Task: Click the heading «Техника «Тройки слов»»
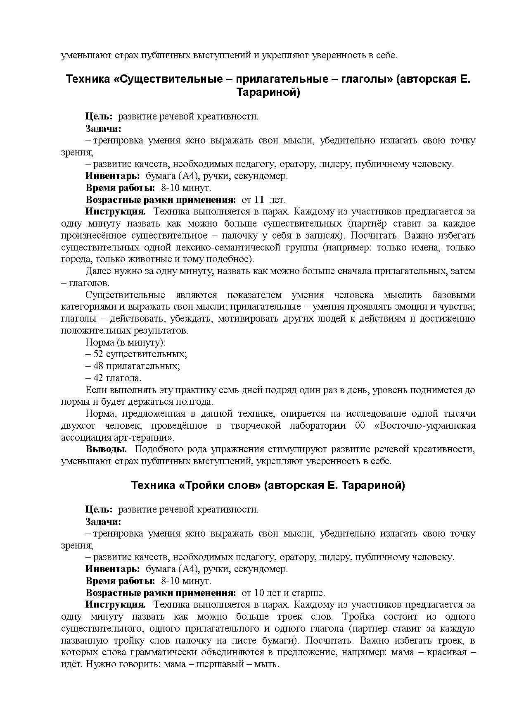click(x=268, y=485)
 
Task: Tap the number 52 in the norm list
click(x=98, y=354)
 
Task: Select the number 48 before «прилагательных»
click(x=98, y=366)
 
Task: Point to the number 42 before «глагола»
click(x=98, y=378)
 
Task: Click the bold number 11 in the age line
click(x=259, y=200)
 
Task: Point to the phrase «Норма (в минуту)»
click(x=126, y=342)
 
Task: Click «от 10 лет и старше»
click(x=283, y=593)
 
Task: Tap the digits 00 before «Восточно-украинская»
click(x=360, y=426)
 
